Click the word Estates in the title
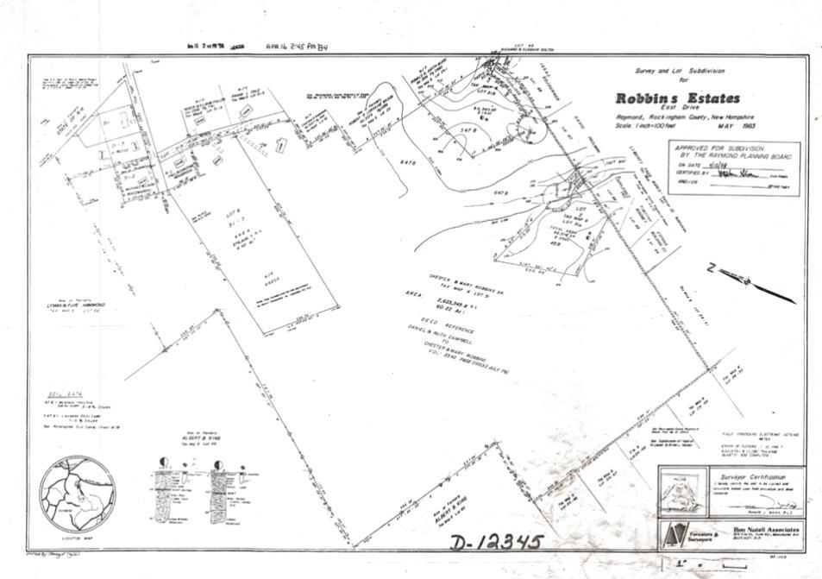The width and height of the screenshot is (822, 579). tap(709, 98)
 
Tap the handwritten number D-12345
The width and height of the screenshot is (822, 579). tap(496, 542)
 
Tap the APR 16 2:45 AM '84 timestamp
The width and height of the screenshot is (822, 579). tap(298, 48)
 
